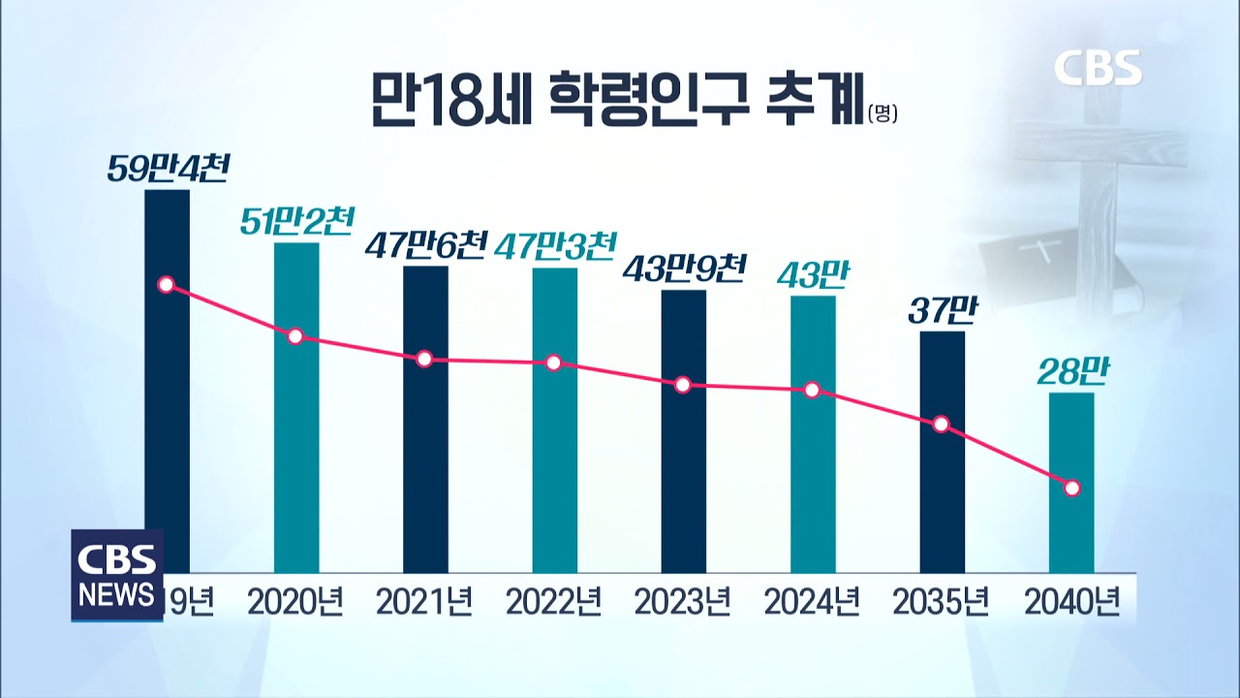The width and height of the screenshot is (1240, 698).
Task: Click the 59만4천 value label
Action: [168, 171]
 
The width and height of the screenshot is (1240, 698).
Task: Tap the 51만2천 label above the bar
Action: [296, 223]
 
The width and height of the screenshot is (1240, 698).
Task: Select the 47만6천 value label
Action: [424, 246]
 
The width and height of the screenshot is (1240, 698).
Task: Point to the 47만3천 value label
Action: [555, 247]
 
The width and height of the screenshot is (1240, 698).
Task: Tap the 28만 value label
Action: [1072, 371]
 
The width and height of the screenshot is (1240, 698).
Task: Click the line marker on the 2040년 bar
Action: [1072, 488]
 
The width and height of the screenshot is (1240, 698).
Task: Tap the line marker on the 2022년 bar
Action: [553, 363]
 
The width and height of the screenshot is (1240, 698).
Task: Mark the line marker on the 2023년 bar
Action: [683, 385]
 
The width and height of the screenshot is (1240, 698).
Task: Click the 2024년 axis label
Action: [812, 603]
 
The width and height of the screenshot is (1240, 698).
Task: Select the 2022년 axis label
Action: [553, 603]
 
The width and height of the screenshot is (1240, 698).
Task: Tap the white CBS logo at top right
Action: [1098, 67]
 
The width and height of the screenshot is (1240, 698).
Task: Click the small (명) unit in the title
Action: [883, 113]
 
